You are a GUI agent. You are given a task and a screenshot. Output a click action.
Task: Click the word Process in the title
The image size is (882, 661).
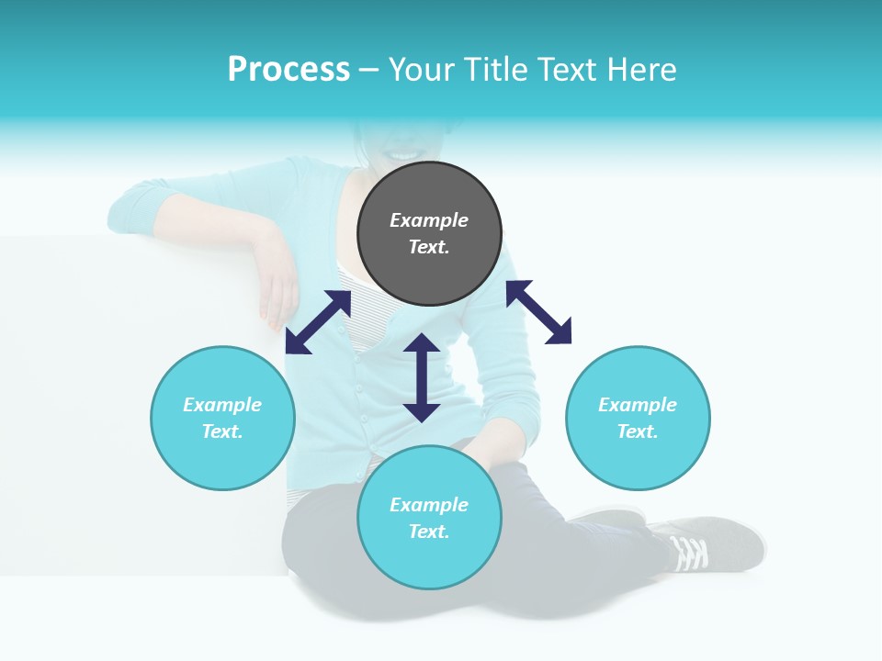288,70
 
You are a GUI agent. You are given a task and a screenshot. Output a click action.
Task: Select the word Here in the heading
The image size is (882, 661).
640,70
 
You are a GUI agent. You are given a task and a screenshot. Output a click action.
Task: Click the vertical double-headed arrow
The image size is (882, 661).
422,377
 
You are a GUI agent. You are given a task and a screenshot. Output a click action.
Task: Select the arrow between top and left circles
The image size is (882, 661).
318,322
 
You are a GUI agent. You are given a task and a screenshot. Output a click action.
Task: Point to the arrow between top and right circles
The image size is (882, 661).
538,312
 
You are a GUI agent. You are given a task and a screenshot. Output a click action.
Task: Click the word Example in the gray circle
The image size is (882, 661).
429,220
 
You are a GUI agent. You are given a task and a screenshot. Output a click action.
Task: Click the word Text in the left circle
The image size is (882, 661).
222,431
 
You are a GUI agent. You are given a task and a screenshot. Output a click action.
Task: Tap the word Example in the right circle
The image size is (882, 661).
638,405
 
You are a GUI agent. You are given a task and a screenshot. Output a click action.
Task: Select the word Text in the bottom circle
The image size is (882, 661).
429,532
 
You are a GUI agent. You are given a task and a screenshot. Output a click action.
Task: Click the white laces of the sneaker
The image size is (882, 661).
689,553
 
